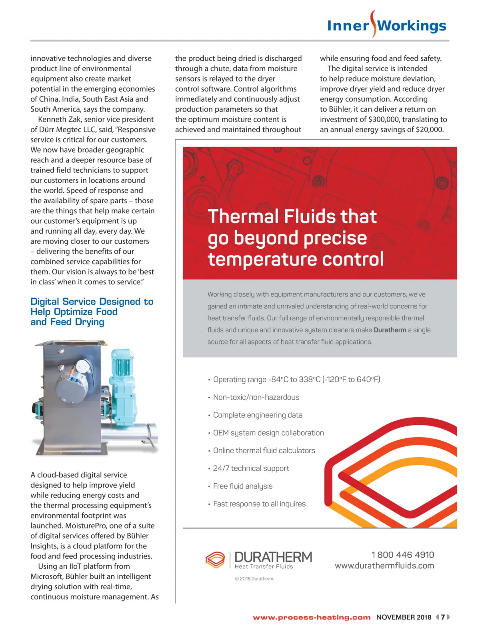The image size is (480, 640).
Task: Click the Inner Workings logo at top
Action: [386, 25]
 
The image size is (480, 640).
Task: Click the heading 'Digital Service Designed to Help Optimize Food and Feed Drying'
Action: [92, 312]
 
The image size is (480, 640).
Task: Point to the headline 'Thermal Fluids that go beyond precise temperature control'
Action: [295, 238]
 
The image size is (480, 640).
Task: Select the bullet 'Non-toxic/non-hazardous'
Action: [256, 397]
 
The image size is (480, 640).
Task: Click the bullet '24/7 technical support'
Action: [251, 468]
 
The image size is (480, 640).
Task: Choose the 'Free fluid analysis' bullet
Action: [242, 486]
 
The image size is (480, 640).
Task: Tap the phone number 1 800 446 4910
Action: [402, 555]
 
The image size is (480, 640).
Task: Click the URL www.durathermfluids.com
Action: [384, 566]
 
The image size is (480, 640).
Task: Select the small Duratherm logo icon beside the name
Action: [215, 560]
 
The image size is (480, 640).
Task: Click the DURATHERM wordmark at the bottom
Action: [273, 557]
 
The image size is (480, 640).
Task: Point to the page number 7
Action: [443, 617]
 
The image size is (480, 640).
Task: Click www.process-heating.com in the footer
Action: [312, 618]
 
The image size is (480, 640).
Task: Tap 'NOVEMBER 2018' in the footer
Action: [404, 617]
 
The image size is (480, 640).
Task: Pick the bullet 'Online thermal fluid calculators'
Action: [264, 450]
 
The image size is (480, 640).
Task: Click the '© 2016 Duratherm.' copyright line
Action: [254, 579]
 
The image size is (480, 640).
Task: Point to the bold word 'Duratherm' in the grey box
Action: [390, 330]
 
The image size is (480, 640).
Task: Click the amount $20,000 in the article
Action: [429, 130]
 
